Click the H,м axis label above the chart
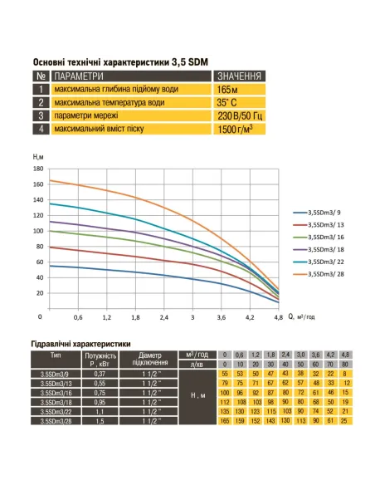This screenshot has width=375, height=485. point(39,157)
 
